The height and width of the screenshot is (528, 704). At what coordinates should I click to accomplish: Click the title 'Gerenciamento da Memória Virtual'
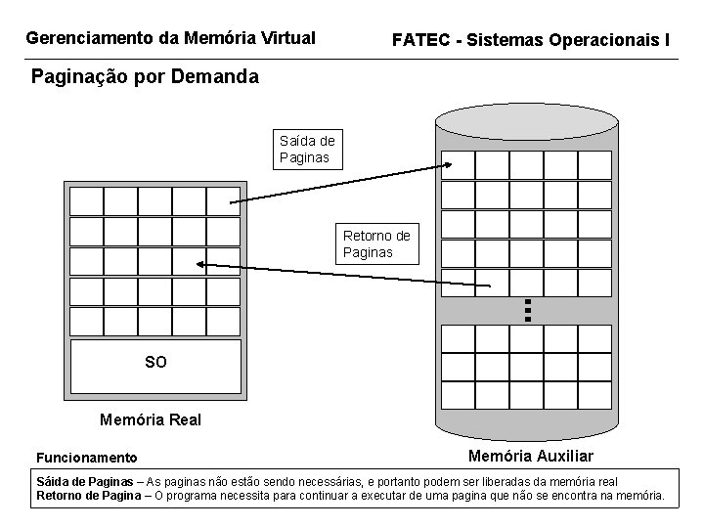[170, 39]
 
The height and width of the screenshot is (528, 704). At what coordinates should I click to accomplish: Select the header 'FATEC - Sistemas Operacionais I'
[531, 40]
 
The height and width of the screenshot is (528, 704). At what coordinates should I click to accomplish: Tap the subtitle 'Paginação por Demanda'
[145, 76]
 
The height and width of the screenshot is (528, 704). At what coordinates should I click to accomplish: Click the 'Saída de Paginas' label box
[308, 149]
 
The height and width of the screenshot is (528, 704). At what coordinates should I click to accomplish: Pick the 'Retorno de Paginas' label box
[377, 243]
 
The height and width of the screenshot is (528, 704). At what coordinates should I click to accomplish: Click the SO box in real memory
[155, 363]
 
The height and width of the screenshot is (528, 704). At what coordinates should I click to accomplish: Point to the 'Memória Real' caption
[151, 419]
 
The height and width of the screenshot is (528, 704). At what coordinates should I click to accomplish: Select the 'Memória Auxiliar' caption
[531, 457]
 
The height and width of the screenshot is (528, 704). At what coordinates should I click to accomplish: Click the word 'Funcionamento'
[87, 458]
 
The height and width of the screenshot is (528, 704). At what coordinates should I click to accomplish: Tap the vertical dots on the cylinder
[527, 310]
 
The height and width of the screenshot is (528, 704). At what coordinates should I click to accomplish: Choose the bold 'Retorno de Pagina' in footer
[87, 496]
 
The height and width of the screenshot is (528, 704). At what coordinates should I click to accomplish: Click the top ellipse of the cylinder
[527, 119]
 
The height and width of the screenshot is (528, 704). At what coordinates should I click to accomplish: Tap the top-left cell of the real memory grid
[86, 200]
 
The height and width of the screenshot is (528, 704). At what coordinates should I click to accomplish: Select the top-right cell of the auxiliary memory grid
[594, 165]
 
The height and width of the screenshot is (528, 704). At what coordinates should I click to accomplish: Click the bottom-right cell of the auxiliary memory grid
[594, 395]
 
